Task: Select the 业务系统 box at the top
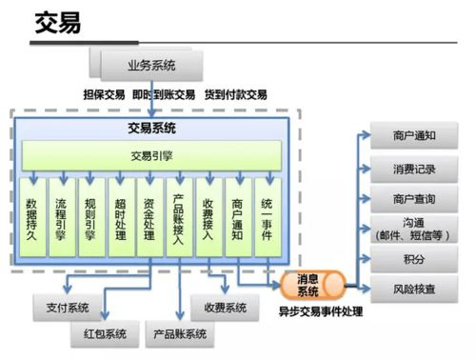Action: coord(151,67)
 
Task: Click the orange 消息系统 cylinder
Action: coord(313,285)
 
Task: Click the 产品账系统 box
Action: coord(182,336)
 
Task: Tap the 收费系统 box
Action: coord(225,308)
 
